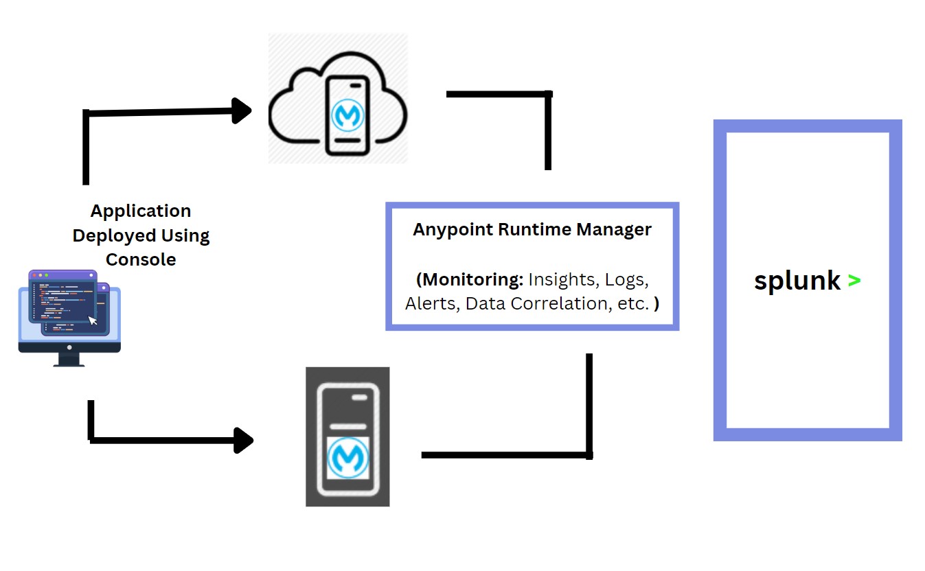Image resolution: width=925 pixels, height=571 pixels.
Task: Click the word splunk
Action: (797, 281)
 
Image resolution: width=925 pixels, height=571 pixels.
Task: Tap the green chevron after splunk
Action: (854, 281)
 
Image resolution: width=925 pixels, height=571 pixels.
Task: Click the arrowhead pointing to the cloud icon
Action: (242, 111)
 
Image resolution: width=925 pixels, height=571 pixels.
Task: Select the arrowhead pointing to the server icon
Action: (243, 441)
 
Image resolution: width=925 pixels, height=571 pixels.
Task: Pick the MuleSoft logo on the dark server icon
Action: (348, 458)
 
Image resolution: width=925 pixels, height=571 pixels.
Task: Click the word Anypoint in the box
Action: (445, 229)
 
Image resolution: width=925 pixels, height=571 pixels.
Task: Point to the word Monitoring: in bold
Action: (473, 279)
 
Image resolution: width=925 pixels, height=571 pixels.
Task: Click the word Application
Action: (141, 211)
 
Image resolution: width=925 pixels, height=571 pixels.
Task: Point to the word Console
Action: (141, 259)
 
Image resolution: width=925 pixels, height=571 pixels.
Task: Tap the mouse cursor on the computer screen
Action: (93, 320)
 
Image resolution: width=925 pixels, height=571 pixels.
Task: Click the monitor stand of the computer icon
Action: (69, 359)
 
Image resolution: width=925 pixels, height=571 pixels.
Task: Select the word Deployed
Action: (113, 235)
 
